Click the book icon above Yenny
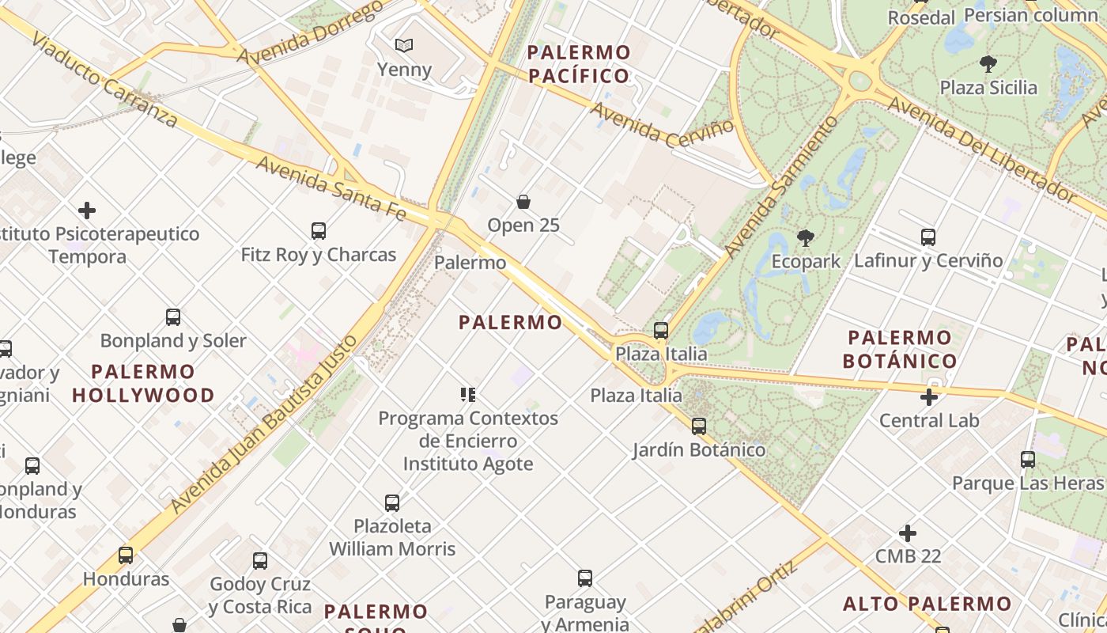click(404, 46)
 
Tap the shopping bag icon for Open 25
click(523, 202)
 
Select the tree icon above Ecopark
click(806, 237)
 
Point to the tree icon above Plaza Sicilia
click(988, 64)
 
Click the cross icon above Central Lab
click(929, 396)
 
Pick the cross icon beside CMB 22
click(908, 533)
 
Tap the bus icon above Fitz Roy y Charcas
click(319, 231)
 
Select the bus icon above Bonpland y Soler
click(173, 317)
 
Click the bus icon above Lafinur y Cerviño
click(928, 237)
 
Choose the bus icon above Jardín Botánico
click(699, 426)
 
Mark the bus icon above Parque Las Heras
click(1028, 459)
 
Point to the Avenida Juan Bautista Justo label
click(265, 424)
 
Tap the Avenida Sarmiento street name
click(780, 188)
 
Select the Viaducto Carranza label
click(104, 81)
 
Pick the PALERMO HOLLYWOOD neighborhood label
click(143, 383)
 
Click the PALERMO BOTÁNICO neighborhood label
click(900, 349)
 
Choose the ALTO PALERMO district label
click(928, 604)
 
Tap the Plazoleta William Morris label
click(392, 537)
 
